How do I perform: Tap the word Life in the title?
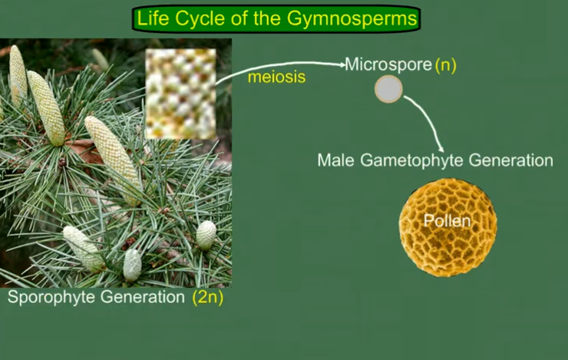coord(153,18)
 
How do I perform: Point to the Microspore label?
coord(388,64)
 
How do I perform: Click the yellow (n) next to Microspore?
coord(446,65)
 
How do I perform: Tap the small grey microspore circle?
coord(388,90)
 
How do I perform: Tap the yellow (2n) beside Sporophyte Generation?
coord(207,297)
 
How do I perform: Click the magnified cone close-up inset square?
coord(180,94)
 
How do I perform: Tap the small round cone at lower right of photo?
coord(205,234)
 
